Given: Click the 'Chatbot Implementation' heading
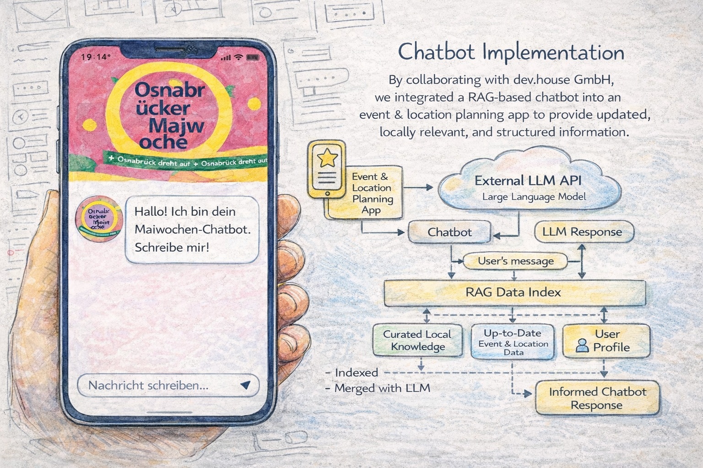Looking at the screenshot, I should (x=511, y=53).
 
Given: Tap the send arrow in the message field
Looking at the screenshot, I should (x=245, y=385).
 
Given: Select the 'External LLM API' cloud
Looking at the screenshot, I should (x=529, y=186).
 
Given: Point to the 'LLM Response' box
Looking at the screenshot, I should (x=582, y=232).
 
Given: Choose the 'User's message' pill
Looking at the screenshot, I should (x=516, y=261).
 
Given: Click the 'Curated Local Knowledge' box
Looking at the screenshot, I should (x=417, y=340).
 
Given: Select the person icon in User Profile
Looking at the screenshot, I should (x=582, y=346).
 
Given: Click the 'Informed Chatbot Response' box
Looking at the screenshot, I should (x=597, y=399).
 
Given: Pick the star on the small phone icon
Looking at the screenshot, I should (x=328, y=158).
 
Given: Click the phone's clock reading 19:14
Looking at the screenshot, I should (x=96, y=57).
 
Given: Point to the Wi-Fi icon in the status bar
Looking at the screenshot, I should (x=238, y=58).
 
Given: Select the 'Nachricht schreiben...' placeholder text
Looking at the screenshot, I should (x=148, y=385).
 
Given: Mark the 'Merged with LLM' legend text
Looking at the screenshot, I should (x=382, y=389).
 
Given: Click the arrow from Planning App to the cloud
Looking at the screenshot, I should (x=419, y=187).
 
